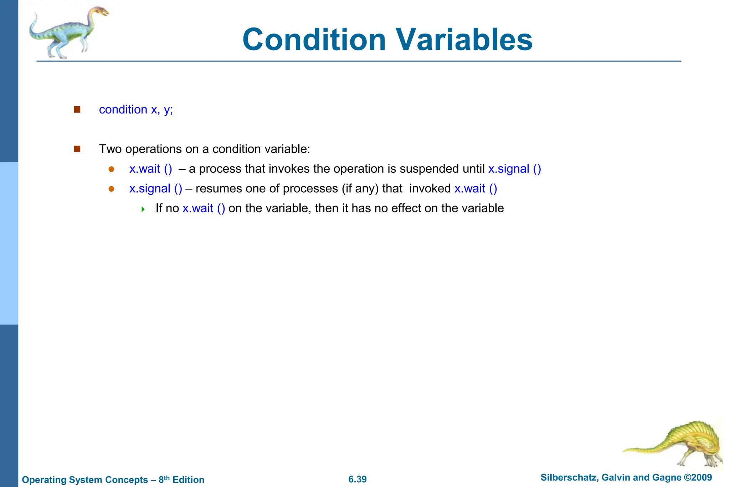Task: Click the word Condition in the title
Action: point(314,40)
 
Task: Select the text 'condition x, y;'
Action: point(136,110)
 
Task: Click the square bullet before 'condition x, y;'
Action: point(77,110)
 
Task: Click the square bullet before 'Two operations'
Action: point(77,149)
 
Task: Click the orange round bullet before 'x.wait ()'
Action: point(111,169)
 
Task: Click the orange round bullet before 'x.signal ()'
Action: point(111,189)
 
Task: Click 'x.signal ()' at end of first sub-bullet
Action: point(514,169)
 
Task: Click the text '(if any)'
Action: point(360,188)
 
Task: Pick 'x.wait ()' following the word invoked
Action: point(475,188)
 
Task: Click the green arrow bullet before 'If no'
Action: point(143,209)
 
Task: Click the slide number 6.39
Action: point(358,479)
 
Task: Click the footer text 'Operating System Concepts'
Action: point(85,480)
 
